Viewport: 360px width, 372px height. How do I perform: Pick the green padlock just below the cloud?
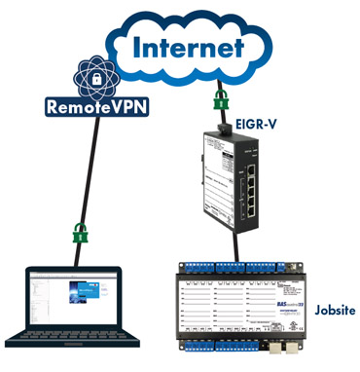click(221, 101)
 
